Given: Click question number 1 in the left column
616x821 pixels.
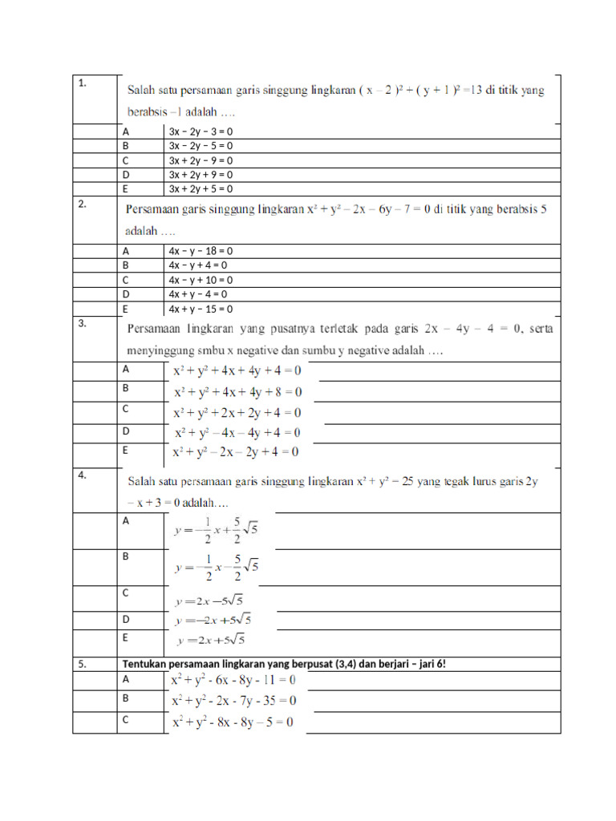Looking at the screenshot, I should tap(83, 83).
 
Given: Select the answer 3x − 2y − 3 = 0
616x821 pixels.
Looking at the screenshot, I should tap(201, 131).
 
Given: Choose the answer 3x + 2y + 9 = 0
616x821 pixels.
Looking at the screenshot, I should tap(201, 175).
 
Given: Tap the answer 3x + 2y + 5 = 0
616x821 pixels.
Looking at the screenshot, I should tap(201, 189).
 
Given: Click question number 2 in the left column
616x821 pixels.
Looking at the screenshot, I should tap(83, 204).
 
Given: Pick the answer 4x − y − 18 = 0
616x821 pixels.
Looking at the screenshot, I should tap(201, 251).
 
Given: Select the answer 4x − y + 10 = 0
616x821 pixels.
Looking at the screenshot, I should tap(201, 281).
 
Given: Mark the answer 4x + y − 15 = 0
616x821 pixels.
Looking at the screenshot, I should tap(201, 309).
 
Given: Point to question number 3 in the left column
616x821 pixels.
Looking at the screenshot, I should tap(83, 323).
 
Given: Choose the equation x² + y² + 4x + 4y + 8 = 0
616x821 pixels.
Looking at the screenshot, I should tap(238, 392).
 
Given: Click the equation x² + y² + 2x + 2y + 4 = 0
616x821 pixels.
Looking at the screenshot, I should tap(237, 413).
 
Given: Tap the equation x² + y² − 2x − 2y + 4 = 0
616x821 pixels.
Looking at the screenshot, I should tap(237, 452).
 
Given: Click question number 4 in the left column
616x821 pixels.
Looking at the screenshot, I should tap(83, 475).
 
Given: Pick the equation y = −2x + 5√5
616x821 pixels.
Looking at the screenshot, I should tap(213, 620).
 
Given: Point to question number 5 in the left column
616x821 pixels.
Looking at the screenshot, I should tap(83, 664).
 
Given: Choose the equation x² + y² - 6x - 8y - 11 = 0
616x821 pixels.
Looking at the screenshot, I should tap(233, 680).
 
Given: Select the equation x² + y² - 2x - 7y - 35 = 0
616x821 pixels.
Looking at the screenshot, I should tap(233, 701).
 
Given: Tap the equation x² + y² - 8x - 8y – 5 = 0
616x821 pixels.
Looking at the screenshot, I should tap(233, 722).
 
